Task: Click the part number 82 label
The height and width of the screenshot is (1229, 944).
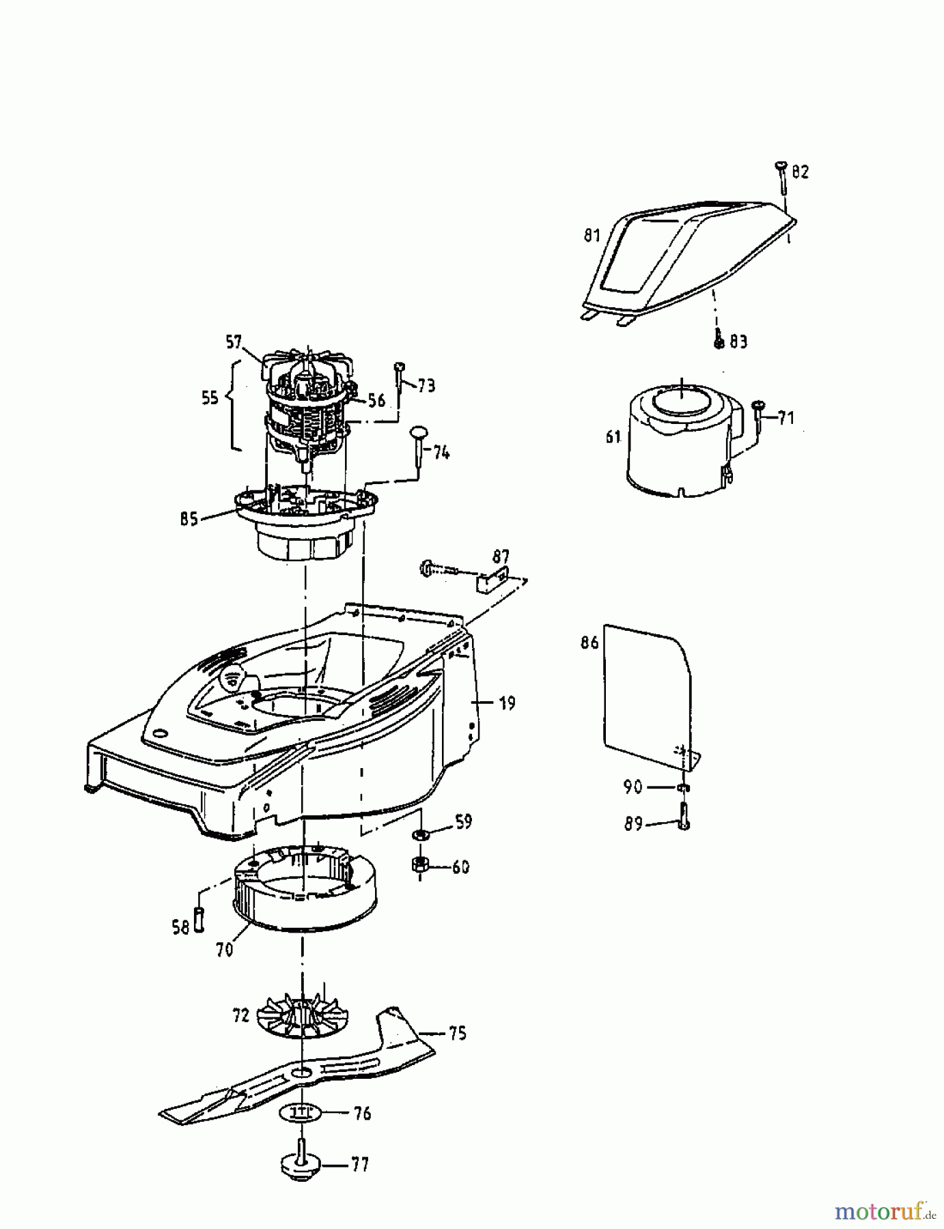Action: coord(801,172)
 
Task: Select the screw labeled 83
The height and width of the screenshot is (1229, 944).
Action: coord(719,339)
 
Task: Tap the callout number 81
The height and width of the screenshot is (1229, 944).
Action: coord(592,236)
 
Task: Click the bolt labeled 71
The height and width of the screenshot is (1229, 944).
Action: coord(759,417)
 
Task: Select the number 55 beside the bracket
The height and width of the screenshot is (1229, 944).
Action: coord(210,397)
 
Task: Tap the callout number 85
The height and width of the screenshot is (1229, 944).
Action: coord(189,519)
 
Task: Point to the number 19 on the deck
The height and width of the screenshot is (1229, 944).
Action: coord(507,703)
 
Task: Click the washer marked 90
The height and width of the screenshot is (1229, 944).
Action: coord(683,788)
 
